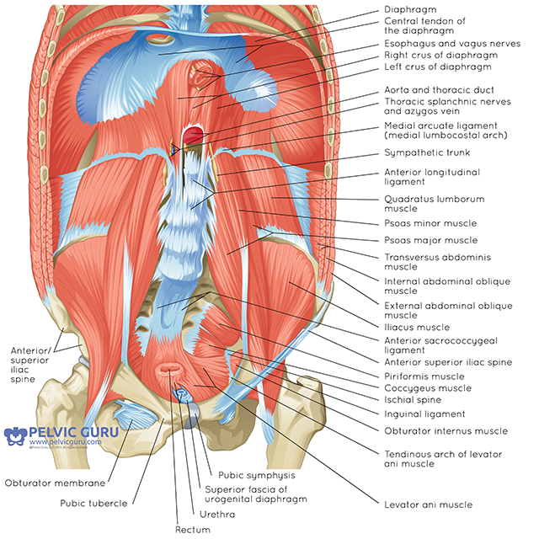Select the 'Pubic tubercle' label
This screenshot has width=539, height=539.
pos(93,503)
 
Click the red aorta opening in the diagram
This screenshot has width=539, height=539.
pos(195,134)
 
